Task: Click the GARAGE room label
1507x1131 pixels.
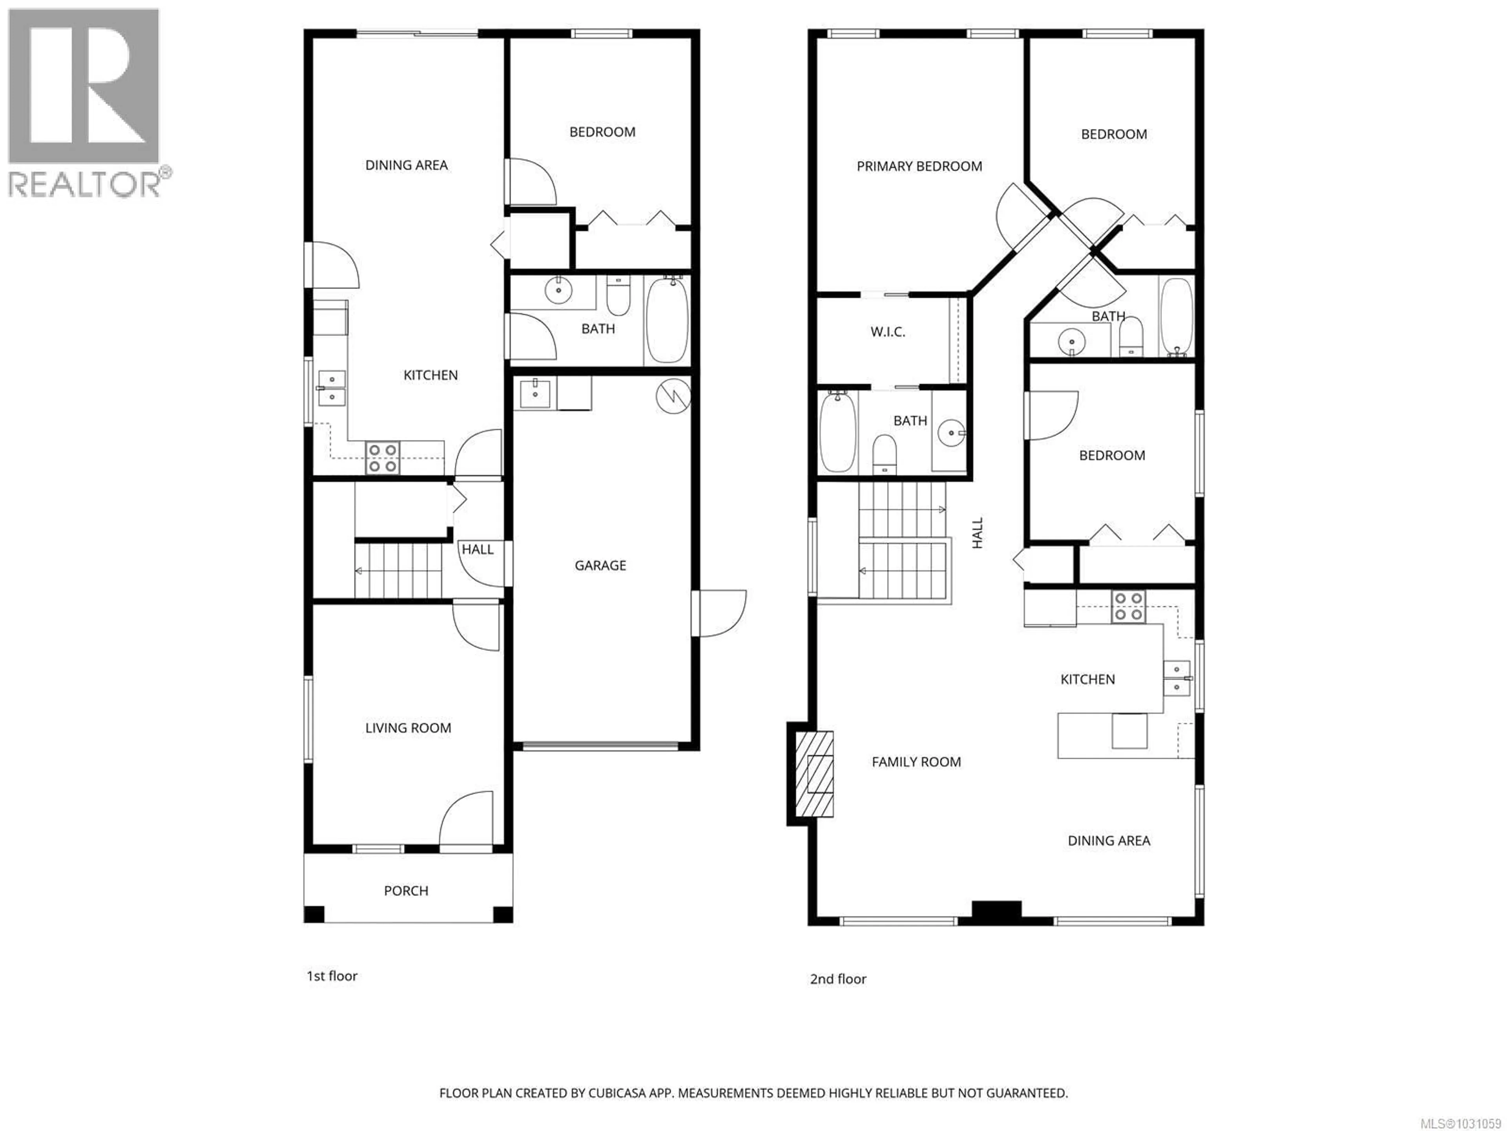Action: (x=600, y=565)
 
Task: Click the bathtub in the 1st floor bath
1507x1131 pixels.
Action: (x=667, y=320)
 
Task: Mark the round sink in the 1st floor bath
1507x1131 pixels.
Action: (x=558, y=291)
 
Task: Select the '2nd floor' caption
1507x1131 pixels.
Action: (x=837, y=979)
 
